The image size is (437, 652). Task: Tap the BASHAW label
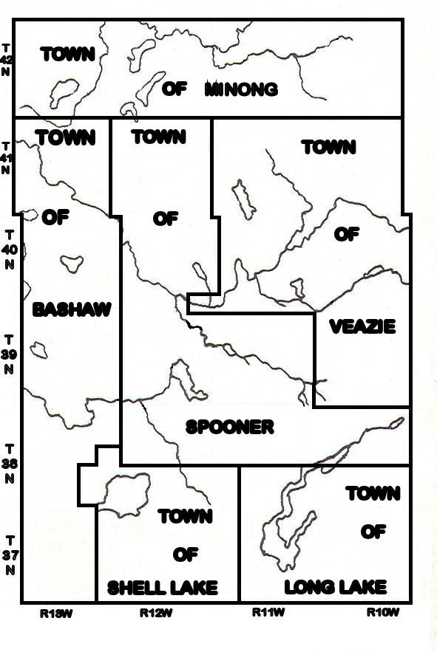click(x=72, y=309)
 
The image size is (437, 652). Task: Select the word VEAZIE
click(x=362, y=326)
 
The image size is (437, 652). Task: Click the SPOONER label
click(x=230, y=427)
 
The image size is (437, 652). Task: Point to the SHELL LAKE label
click(x=163, y=588)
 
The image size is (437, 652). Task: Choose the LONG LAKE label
click(x=335, y=588)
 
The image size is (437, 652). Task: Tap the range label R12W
click(x=156, y=612)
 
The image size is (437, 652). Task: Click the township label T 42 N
click(x=7, y=59)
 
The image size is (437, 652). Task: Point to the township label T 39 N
click(x=8, y=354)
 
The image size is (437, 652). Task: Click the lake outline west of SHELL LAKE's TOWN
click(x=118, y=495)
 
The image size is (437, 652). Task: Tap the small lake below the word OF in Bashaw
click(x=72, y=262)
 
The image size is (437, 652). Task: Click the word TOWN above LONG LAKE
click(x=373, y=493)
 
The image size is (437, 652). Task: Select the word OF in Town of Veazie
click(x=346, y=234)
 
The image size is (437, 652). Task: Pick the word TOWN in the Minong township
click(x=68, y=54)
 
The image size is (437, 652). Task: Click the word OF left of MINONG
click(x=174, y=90)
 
